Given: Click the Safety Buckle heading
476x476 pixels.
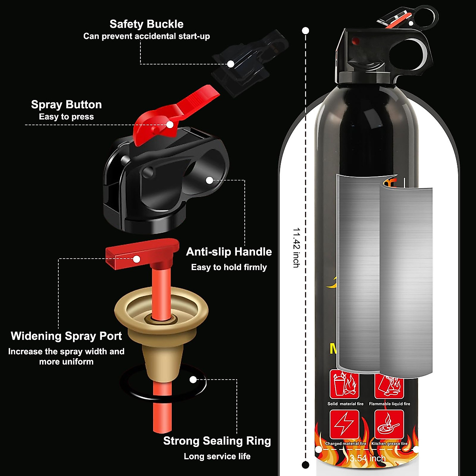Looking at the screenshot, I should coord(146,24).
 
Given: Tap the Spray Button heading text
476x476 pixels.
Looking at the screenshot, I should coord(66,105).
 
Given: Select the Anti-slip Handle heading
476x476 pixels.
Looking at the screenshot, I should coord(229,252).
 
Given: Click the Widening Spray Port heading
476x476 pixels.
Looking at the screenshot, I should coord(66,336).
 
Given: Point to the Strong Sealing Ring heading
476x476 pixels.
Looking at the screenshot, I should coord(217,441).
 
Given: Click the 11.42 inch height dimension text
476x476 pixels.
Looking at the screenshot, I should coord(296,247).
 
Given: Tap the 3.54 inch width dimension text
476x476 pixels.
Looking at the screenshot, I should coord(368,459).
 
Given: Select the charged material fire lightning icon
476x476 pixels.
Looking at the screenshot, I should coord(344,425).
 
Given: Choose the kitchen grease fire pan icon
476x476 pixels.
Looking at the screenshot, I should coord(389,425).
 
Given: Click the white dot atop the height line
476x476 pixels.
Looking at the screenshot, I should coord(305,31).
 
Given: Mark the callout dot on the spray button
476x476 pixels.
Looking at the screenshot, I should coord(170,124).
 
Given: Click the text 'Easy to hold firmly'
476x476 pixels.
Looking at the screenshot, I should coord(229,267).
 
